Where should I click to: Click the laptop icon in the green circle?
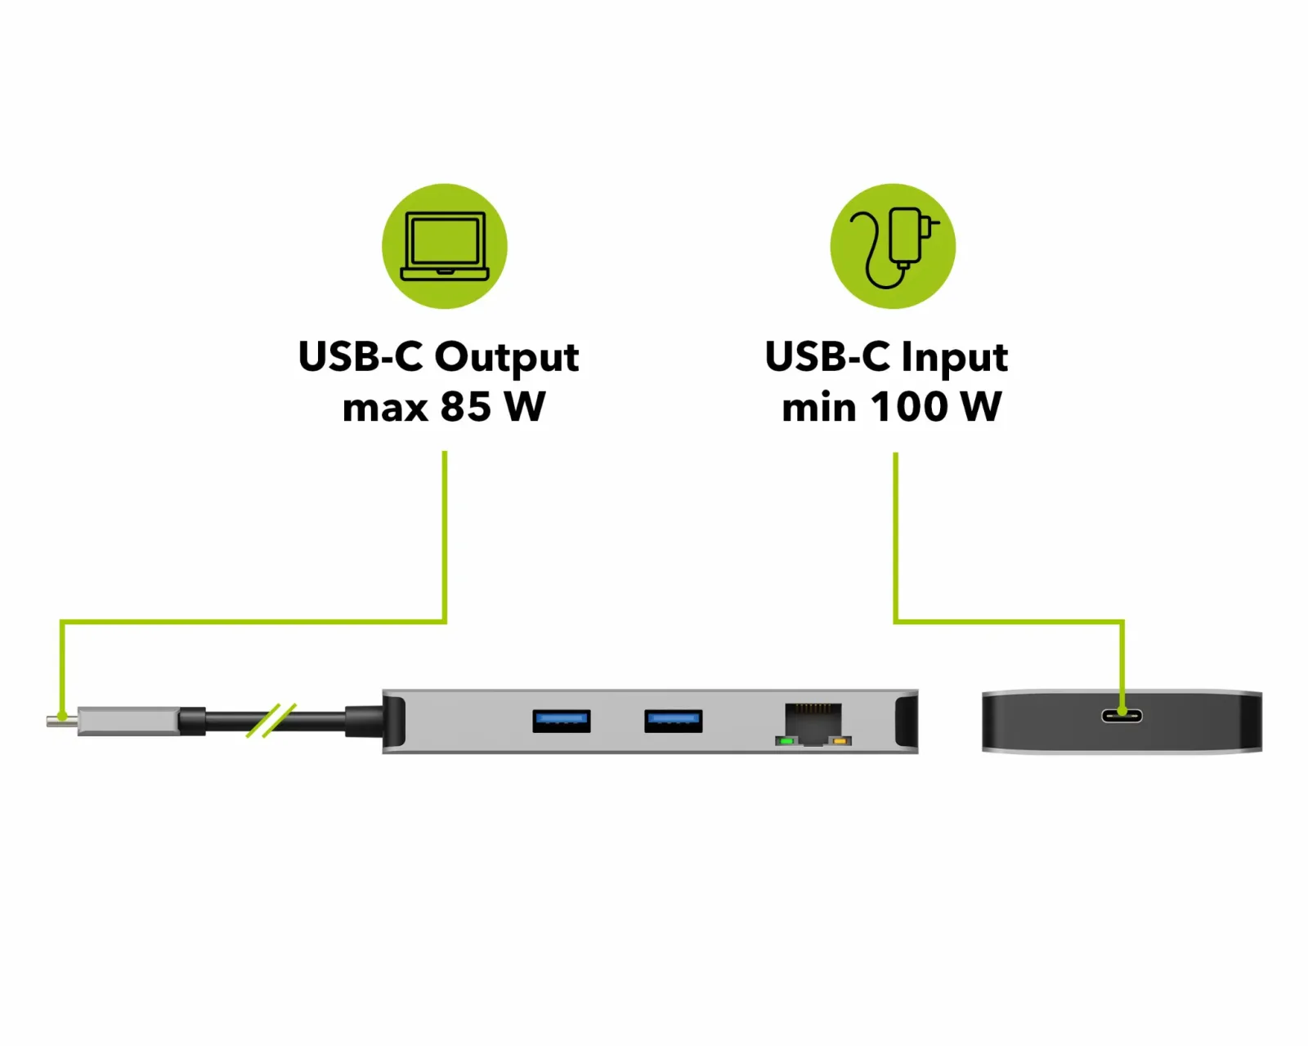tap(444, 246)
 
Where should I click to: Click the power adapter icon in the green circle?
tap(894, 246)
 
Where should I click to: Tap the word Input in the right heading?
tap(954, 357)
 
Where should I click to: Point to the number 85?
tap(465, 406)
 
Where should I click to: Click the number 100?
tap(909, 406)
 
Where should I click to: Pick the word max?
tap(385, 409)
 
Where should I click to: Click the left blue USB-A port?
tap(561, 721)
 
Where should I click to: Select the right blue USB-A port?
tap(674, 721)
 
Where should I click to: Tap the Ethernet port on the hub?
tap(813, 724)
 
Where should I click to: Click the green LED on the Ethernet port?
tap(786, 741)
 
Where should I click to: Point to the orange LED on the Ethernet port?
tap(840, 741)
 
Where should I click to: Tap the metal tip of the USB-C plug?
tap(63, 720)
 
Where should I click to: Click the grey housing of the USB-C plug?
tap(128, 721)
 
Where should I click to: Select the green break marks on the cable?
tap(271, 720)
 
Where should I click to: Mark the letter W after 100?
tap(980, 406)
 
